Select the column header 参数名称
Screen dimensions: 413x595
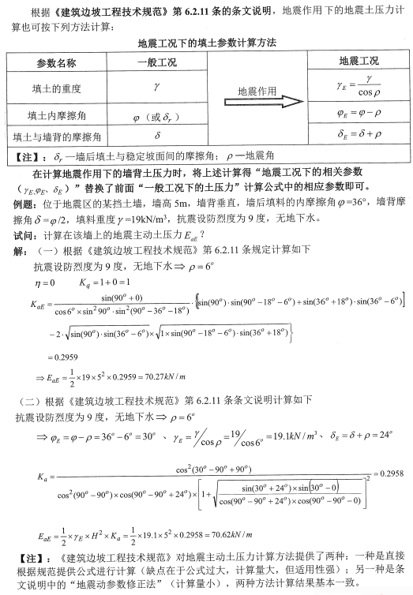click(x=56, y=62)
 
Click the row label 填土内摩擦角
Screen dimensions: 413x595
click(x=56, y=116)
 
